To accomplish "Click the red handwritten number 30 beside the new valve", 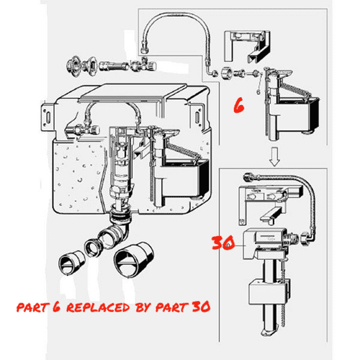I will [x=222, y=243].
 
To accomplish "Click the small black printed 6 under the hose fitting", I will [x=258, y=84].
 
